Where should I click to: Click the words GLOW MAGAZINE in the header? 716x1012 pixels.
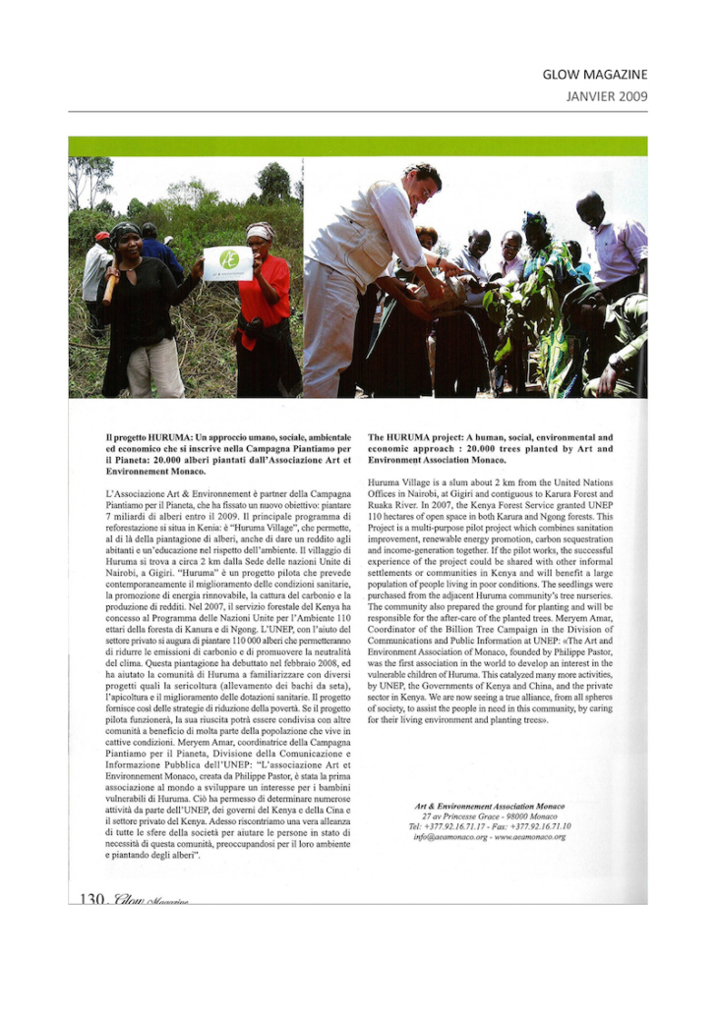[x=594, y=75]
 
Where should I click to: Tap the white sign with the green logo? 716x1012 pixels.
[x=228, y=263]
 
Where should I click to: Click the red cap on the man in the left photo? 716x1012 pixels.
[x=102, y=236]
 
